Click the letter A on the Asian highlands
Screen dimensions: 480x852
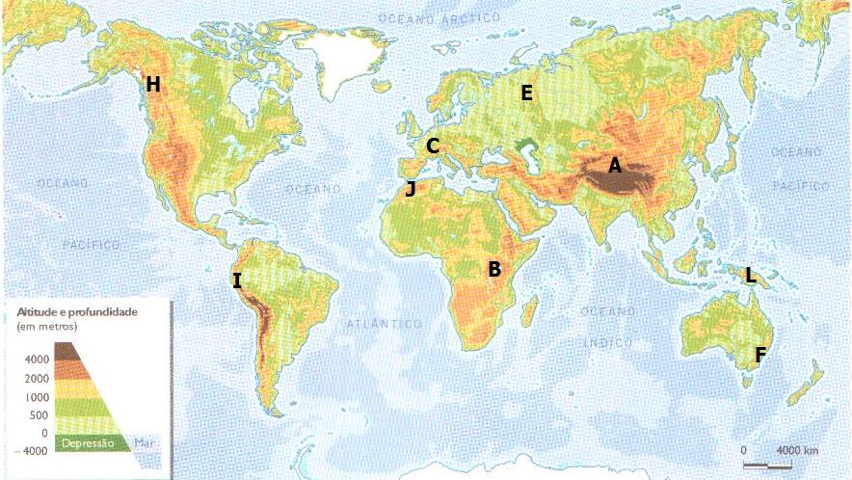coord(615,166)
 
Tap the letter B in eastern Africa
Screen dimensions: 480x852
coord(494,270)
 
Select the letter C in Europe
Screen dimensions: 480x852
coord(433,147)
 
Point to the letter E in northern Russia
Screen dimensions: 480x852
coord(526,93)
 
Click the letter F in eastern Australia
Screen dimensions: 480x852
coord(760,355)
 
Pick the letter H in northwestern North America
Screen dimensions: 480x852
coord(152,85)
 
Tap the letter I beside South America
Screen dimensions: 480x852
coord(236,281)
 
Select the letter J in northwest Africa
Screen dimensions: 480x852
coord(411,189)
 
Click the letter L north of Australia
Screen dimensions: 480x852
coord(750,276)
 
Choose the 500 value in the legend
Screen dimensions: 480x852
coord(39,415)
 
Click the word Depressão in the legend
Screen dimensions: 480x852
coord(88,443)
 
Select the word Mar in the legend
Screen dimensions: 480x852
coord(146,443)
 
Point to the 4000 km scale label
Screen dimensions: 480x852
coord(797,451)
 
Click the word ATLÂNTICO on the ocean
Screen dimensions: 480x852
coord(385,325)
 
